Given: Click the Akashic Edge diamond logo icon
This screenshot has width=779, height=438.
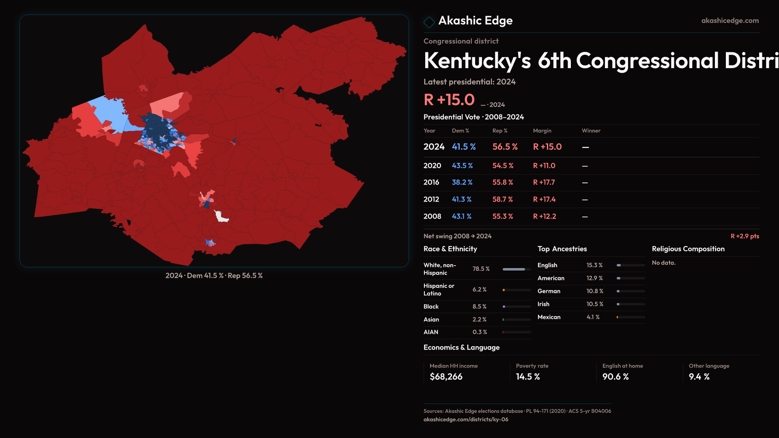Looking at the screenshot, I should (x=429, y=22).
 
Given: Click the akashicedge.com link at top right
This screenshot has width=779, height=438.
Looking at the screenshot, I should (x=730, y=21).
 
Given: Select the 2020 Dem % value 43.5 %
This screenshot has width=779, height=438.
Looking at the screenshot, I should (x=462, y=166).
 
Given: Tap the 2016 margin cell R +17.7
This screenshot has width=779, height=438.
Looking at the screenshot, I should (x=544, y=182).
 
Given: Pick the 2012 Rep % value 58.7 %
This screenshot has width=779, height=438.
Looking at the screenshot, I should (x=502, y=200).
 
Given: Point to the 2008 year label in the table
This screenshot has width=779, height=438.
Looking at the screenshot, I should (x=432, y=217).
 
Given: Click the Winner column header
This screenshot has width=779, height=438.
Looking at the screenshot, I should (x=591, y=131).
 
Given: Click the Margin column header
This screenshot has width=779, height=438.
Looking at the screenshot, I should (x=542, y=131).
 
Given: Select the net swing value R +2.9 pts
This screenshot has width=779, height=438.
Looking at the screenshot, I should (x=745, y=236).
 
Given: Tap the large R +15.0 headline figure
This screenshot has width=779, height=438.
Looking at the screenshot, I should (x=449, y=100).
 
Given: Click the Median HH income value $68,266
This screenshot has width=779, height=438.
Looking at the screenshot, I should (x=446, y=377).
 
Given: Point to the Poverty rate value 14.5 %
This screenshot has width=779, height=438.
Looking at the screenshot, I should (x=528, y=377).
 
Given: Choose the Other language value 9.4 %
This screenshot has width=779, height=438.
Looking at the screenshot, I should (x=699, y=377).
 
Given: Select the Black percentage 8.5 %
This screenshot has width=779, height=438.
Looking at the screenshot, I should (x=479, y=307).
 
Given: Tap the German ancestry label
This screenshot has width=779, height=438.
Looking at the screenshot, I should (x=549, y=291).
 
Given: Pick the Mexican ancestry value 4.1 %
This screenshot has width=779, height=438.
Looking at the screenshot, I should (x=593, y=317).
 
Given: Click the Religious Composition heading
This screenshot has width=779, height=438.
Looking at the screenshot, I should (x=688, y=249).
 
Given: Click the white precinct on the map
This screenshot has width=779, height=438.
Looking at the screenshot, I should (x=221, y=217).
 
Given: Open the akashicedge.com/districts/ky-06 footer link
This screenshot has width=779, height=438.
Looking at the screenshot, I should (x=466, y=419).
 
